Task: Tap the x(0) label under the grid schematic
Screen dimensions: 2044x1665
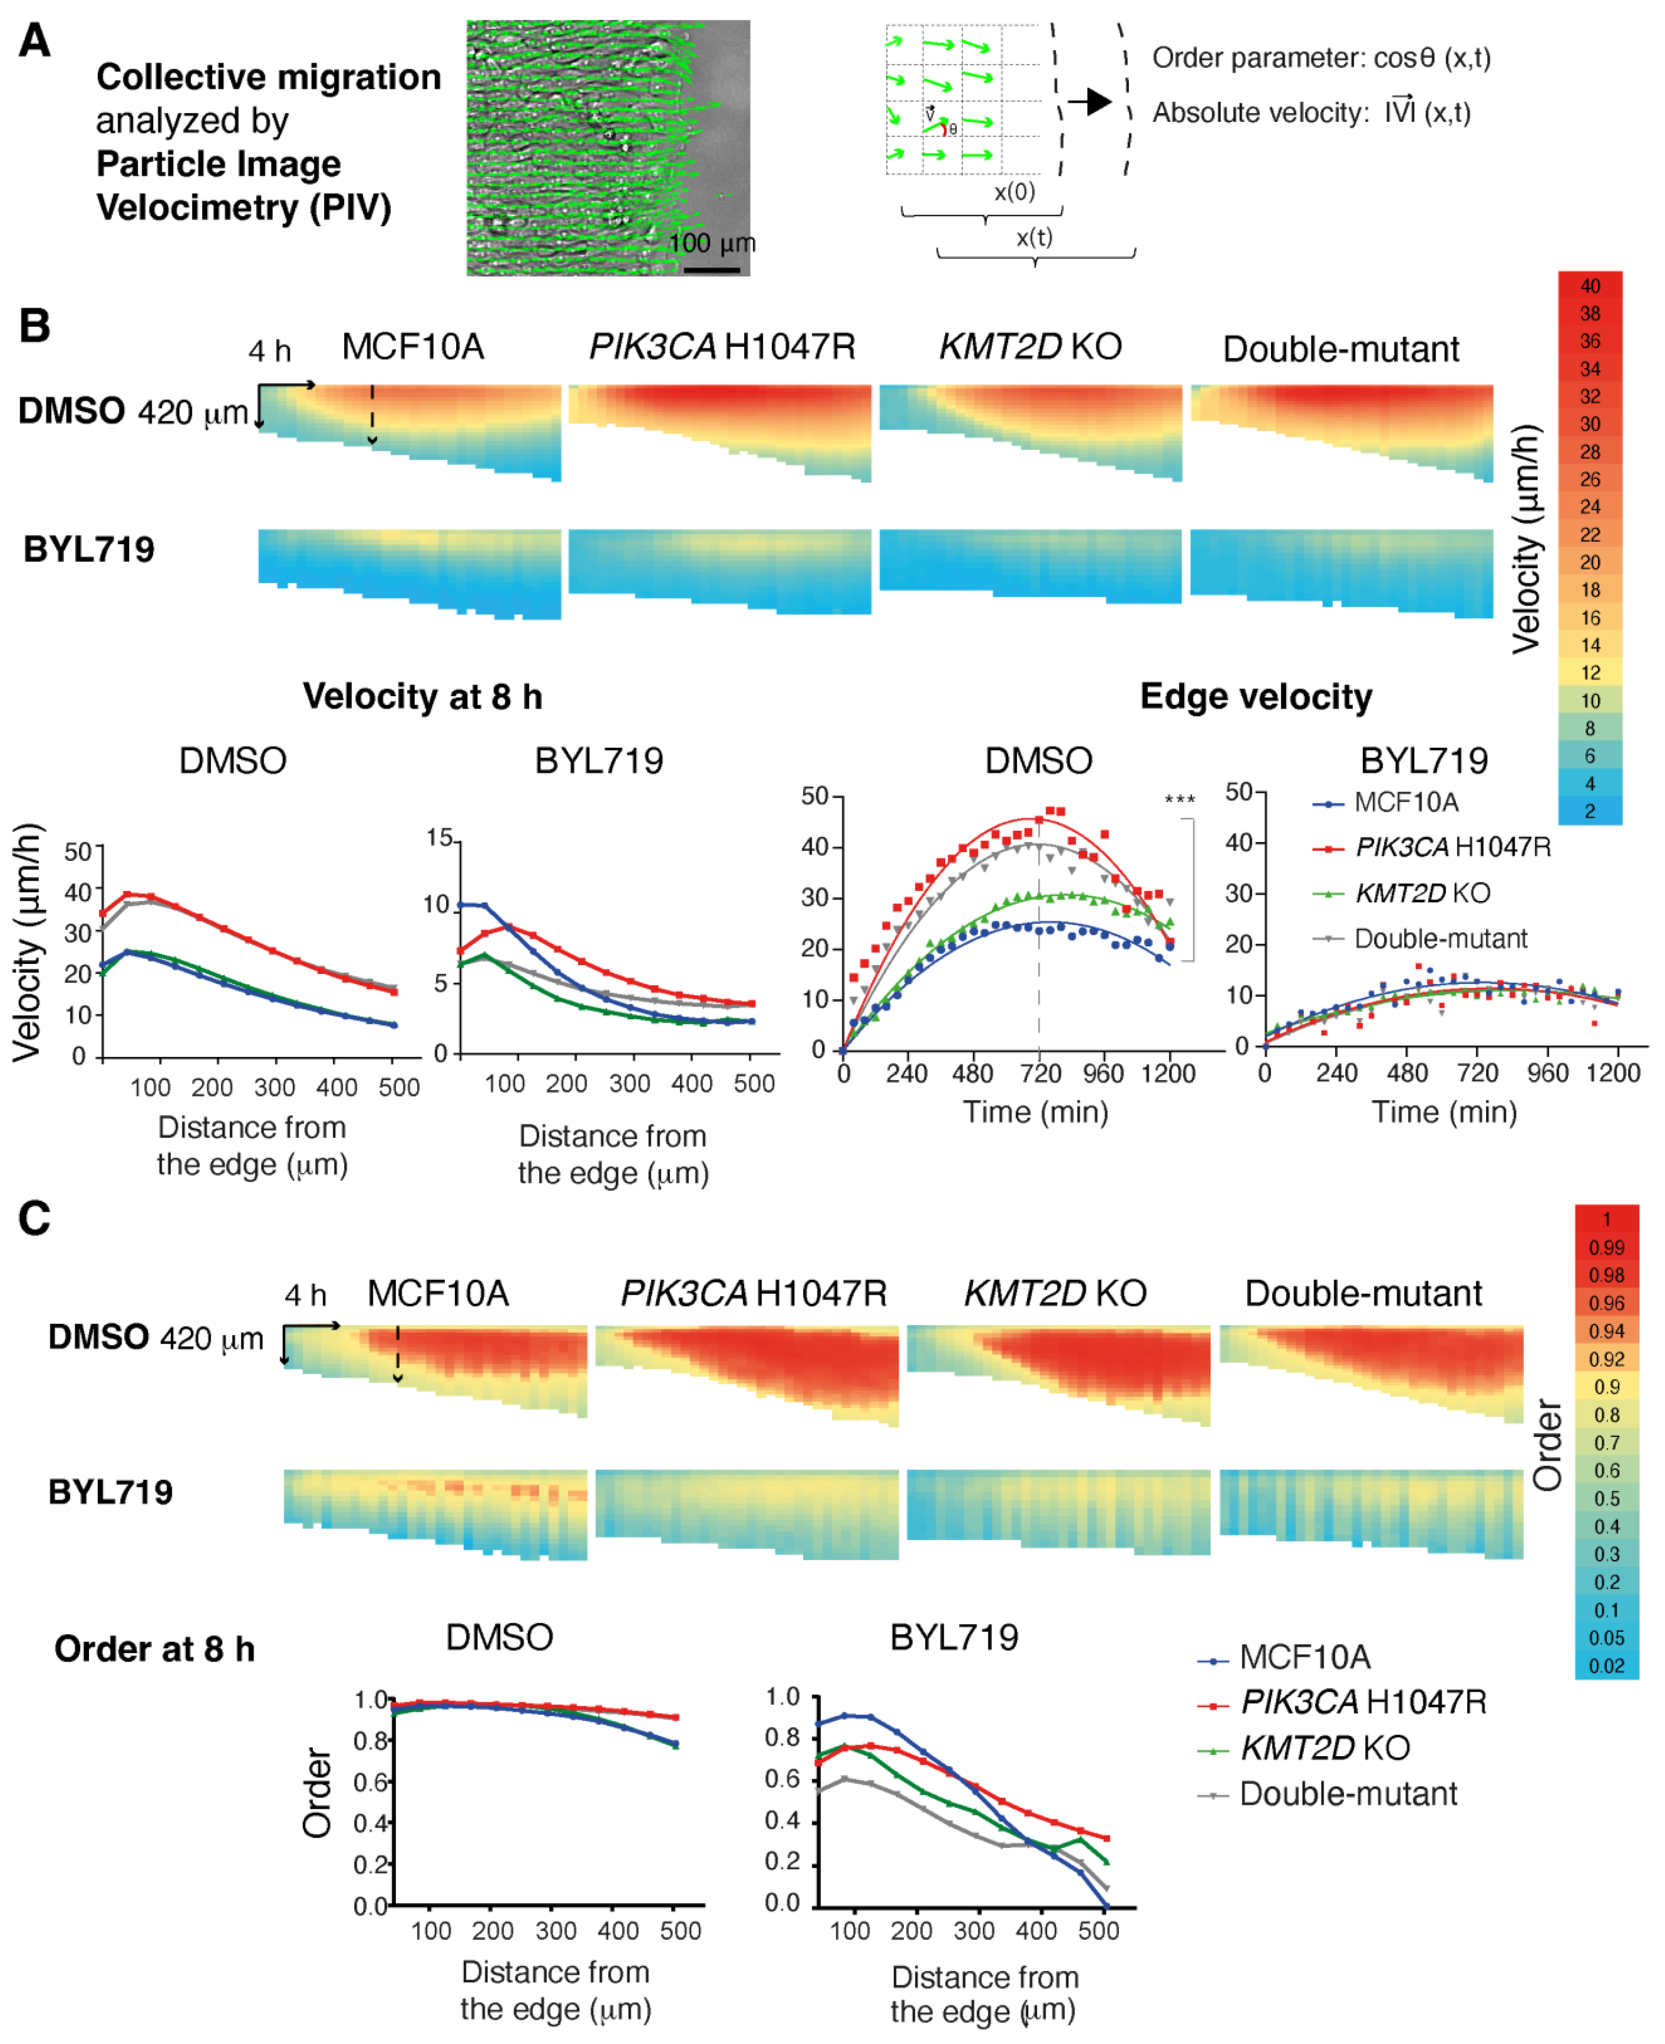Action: (x=1014, y=192)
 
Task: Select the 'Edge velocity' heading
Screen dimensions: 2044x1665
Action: (x=1255, y=696)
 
